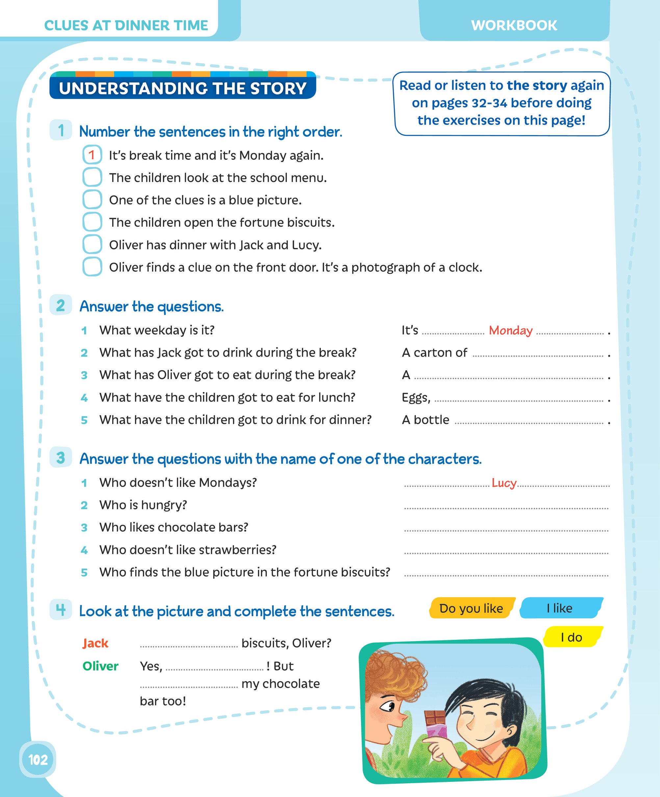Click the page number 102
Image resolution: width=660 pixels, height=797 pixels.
point(38,760)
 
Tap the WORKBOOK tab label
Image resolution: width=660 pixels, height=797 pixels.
point(514,25)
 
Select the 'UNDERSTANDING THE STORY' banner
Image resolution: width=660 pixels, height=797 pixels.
point(182,88)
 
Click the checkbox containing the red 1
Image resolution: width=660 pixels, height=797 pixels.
point(92,155)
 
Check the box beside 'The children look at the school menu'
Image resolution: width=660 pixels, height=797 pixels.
point(92,177)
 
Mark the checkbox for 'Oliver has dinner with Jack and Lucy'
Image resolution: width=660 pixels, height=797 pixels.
point(92,244)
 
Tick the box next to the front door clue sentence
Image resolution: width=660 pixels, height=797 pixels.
point(92,267)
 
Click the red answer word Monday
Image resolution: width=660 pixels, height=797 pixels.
point(510,330)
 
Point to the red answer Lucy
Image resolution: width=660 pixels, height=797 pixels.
point(504,483)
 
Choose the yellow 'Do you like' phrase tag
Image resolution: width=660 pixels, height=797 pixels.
point(471,608)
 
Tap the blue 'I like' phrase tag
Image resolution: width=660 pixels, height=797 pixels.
point(559,608)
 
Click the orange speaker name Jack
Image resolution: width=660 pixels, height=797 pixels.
point(95,643)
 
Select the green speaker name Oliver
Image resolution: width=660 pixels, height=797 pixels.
point(100,666)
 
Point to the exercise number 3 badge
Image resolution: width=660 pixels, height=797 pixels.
point(61,458)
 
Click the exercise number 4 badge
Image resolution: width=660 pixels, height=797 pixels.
point(61,610)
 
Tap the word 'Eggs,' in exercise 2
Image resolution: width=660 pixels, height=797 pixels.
point(416,398)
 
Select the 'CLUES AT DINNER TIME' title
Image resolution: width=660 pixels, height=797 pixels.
point(126,25)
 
